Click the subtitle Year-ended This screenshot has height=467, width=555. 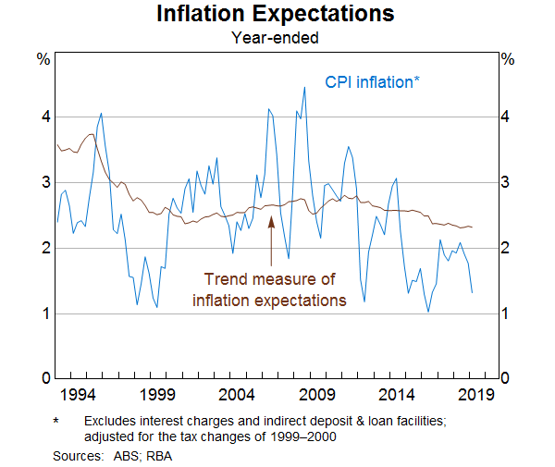(x=276, y=38)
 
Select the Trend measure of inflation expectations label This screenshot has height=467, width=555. (x=269, y=289)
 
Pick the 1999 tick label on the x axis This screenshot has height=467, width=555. (x=157, y=396)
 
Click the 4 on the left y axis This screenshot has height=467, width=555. (x=43, y=117)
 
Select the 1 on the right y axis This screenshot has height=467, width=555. (x=506, y=313)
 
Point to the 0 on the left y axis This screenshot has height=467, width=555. (x=43, y=378)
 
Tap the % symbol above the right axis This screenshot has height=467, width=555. (x=506, y=59)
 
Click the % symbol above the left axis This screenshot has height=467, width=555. (x=43, y=59)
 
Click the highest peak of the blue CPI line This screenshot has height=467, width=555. (x=304, y=88)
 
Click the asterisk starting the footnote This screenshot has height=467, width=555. (x=57, y=422)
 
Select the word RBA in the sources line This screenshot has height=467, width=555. (x=160, y=455)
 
